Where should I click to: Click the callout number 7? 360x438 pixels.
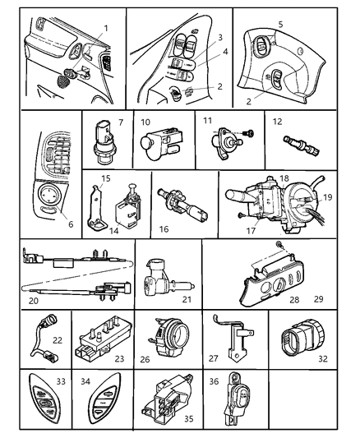coord(121,122)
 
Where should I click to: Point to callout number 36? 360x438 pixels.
coord(214,380)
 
